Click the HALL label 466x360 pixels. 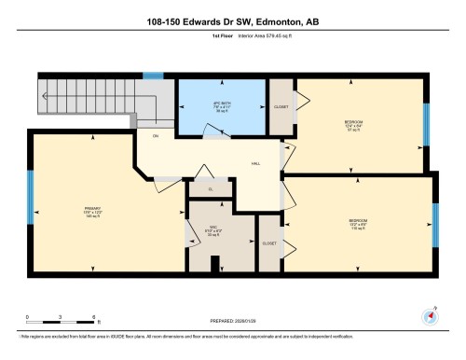(254, 163)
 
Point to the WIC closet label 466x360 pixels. (212, 231)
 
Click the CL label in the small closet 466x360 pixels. (212, 189)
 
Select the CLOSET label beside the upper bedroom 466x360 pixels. (281, 106)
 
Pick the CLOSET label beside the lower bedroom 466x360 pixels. (268, 242)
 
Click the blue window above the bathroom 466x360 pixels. (152, 76)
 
